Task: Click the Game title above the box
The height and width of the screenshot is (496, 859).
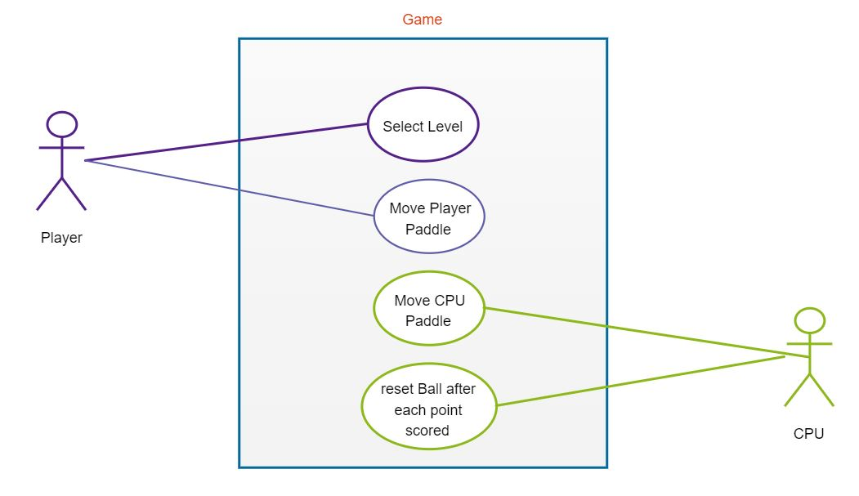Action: [422, 20]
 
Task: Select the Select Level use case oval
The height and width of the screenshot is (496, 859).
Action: [422, 127]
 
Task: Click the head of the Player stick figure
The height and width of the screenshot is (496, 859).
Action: [61, 124]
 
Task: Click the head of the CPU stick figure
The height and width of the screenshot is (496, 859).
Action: [809, 320]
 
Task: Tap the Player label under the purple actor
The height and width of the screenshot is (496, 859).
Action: [61, 239]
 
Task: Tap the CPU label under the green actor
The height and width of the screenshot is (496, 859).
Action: [808, 434]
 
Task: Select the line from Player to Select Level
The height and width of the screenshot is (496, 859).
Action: [229, 142]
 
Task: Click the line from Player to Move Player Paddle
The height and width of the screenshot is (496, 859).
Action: [229, 188]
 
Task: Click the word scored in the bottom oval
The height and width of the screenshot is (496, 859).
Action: [427, 430]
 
